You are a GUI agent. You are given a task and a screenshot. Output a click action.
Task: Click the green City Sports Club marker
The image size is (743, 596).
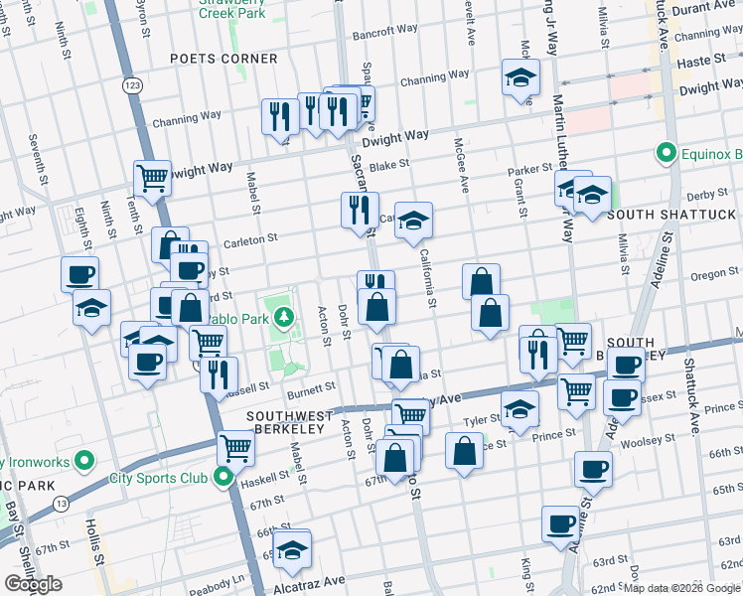tap(223, 478)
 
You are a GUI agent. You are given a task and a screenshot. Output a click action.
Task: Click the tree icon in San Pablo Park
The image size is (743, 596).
tap(284, 318)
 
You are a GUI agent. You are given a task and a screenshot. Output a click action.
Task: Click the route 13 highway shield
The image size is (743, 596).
tap(62, 505)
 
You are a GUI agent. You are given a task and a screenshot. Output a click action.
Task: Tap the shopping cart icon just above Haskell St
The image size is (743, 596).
tap(235, 447)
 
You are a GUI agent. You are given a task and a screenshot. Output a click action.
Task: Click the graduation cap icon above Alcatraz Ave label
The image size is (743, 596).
tap(292, 548)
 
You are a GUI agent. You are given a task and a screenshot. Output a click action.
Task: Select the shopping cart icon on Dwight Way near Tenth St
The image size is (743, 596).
tap(152, 179)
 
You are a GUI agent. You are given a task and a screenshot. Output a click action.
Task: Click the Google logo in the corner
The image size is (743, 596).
tap(34, 584)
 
